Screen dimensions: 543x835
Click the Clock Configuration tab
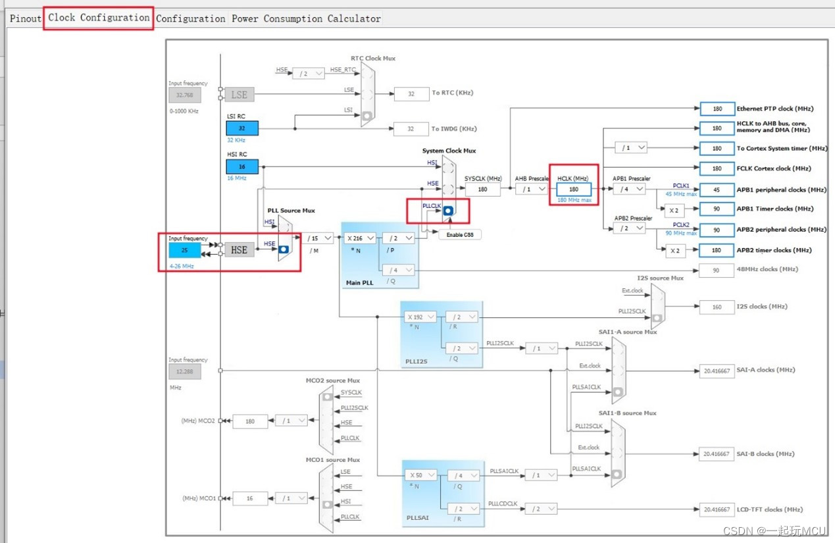click(x=99, y=18)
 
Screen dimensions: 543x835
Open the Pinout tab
click(x=26, y=18)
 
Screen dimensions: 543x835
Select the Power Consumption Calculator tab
click(x=306, y=18)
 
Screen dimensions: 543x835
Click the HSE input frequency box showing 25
click(x=184, y=250)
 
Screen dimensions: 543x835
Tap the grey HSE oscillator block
click(x=240, y=250)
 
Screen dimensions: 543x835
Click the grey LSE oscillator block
click(x=240, y=95)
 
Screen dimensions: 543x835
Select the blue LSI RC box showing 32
click(x=242, y=128)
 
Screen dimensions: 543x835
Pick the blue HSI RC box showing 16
click(x=242, y=167)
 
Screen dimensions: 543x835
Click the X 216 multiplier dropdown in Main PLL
click(x=361, y=238)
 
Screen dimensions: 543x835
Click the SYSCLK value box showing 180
click(x=482, y=190)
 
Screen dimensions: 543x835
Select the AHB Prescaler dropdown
click(x=532, y=190)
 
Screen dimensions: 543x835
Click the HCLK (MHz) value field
click(x=574, y=190)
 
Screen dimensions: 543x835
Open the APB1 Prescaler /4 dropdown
click(x=629, y=190)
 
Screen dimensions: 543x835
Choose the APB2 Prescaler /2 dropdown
click(x=629, y=228)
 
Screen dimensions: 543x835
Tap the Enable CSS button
click(x=460, y=235)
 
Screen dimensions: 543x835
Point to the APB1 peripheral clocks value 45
click(x=717, y=190)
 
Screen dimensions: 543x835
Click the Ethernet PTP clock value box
click(x=717, y=109)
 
